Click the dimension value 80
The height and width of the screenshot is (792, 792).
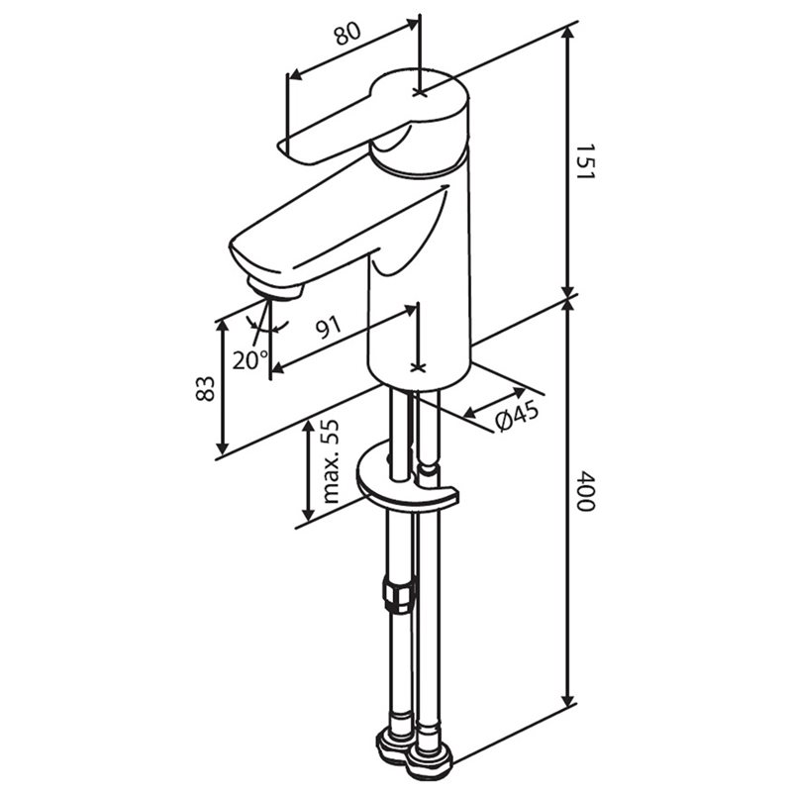(x=347, y=34)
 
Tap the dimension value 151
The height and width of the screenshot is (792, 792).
(x=586, y=161)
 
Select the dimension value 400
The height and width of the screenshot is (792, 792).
(x=586, y=491)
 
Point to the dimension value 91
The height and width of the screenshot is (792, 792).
(x=329, y=328)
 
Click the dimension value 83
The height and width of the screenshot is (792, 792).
(x=205, y=388)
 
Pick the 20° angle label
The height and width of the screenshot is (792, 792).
(x=250, y=359)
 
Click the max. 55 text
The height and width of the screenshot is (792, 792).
(x=330, y=461)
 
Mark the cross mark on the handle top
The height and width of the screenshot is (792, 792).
(x=419, y=92)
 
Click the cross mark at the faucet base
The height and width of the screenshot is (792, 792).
(x=417, y=367)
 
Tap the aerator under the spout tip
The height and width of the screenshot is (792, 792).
(x=275, y=289)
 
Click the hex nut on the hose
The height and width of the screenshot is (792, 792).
(x=399, y=597)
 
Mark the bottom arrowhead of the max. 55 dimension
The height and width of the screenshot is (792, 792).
(x=308, y=514)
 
